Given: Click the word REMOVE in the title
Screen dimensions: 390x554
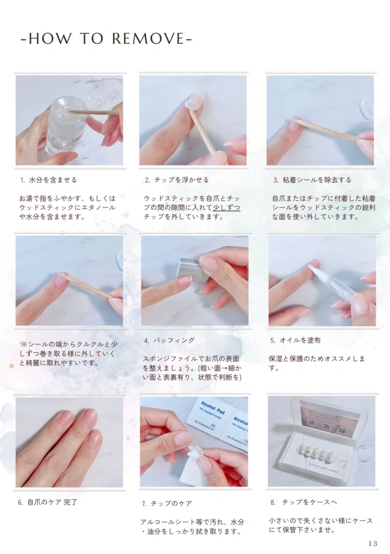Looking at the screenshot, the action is (148, 38).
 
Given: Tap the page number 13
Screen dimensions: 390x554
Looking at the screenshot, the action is (373, 543).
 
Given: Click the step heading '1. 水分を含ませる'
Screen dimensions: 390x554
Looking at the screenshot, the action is (48, 180).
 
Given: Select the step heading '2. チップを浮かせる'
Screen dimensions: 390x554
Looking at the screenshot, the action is (177, 180).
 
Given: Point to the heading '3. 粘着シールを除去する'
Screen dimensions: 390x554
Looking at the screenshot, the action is (312, 180).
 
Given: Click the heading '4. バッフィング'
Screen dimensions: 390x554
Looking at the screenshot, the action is (169, 340).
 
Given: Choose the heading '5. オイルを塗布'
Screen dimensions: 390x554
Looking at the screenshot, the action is (295, 340).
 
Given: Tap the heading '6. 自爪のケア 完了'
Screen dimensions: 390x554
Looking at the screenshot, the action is (48, 502).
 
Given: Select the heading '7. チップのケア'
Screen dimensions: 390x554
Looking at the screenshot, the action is (167, 503).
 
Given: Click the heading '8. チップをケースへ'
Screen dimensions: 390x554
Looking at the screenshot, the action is (304, 502).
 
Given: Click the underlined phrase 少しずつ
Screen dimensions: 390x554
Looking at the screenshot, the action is (227, 207).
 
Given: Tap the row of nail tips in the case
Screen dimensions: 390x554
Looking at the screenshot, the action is (316, 454).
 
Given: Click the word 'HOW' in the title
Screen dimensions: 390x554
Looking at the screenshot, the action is (49, 38).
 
